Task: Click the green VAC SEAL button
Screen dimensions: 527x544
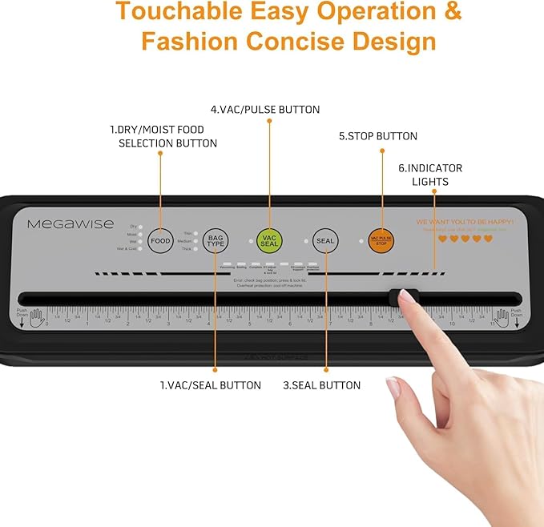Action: tap(269, 239)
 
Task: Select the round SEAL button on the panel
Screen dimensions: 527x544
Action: tap(324, 240)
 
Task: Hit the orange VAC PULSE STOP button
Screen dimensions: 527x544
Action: tap(381, 239)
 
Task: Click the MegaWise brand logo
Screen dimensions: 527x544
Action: tap(71, 224)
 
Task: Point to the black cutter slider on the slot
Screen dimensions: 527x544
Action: tap(403, 298)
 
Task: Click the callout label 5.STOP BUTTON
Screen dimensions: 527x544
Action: tap(377, 136)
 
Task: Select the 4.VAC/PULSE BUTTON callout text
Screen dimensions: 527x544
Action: tap(265, 110)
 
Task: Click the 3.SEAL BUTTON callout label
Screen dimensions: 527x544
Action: tap(321, 385)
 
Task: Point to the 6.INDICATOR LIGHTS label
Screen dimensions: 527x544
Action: tap(430, 175)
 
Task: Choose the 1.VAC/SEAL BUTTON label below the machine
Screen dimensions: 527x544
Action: tap(210, 385)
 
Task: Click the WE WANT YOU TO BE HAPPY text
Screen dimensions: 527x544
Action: tap(465, 220)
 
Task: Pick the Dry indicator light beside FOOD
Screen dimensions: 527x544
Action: tap(141, 227)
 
